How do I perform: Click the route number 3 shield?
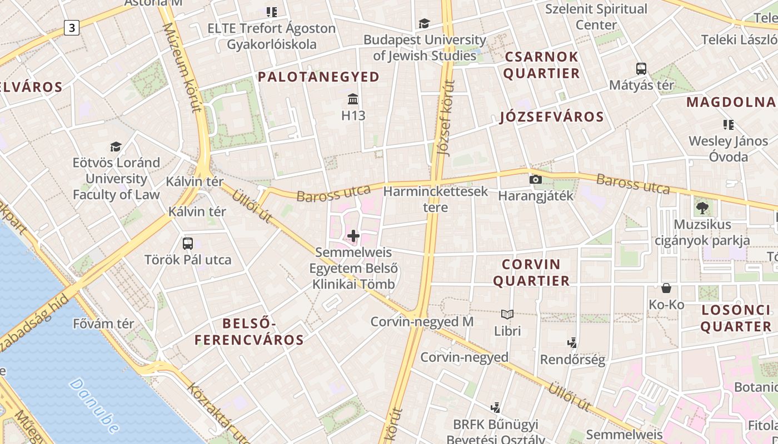click(71, 27)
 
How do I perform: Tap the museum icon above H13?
click(353, 99)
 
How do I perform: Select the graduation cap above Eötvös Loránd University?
click(116, 147)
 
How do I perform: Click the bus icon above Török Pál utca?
click(188, 243)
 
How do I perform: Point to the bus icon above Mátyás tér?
click(641, 69)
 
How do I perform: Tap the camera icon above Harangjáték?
click(536, 179)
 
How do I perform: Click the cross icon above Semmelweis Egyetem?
click(353, 236)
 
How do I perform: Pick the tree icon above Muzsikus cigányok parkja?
click(702, 208)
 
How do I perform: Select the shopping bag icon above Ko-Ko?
click(666, 288)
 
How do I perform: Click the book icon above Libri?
click(507, 315)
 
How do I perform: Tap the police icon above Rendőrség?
click(572, 343)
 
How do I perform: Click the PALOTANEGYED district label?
click(319, 77)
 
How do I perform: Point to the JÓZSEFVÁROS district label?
click(551, 117)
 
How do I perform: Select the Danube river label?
click(94, 405)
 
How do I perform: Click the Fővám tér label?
click(103, 324)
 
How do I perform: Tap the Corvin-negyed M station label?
click(422, 321)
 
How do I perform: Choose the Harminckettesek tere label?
click(436, 199)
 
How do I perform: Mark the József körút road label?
click(447, 118)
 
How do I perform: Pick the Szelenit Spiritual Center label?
click(596, 17)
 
